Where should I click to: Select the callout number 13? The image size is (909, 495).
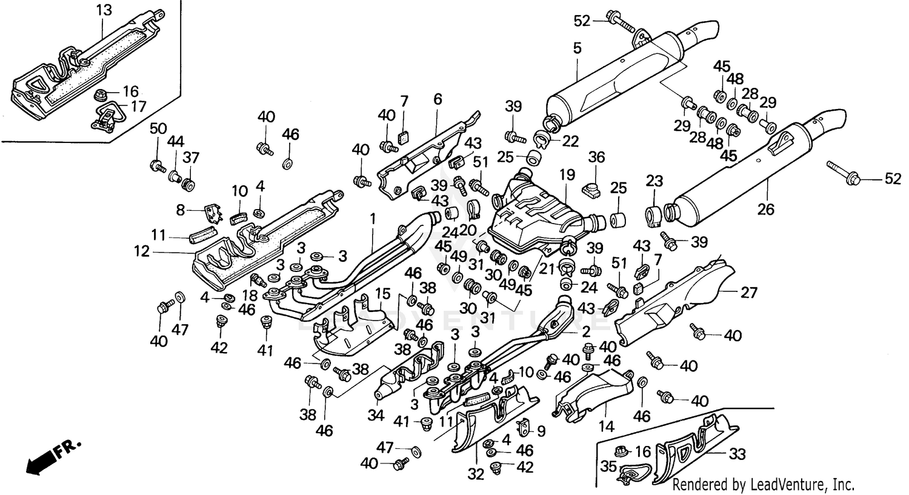coord(104,10)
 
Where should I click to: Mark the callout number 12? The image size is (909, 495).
coord(142,250)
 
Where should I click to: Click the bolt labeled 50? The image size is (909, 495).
coord(158,164)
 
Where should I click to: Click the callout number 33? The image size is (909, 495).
coord(738,454)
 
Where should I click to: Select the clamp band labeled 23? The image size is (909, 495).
coord(654,216)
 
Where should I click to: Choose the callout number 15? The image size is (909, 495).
coord(382,293)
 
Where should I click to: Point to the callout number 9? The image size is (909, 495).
coord(541,431)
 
